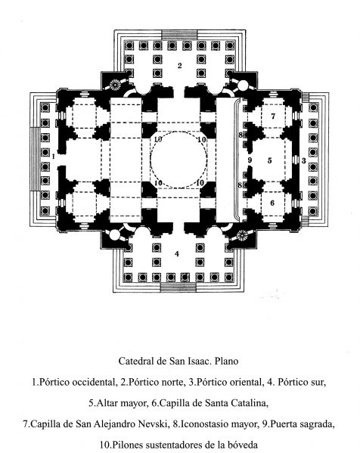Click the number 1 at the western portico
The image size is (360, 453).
[53, 157]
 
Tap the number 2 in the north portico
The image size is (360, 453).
[179, 66]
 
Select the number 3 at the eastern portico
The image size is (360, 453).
[304, 160]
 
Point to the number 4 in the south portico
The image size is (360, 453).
[177, 253]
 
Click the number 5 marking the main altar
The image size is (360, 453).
[269, 160]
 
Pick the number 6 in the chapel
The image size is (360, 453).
[272, 203]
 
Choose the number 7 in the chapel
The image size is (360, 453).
[273, 116]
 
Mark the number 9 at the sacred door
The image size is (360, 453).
[250, 160]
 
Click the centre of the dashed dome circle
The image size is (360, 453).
[178, 160]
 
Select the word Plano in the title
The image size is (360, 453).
[227, 361]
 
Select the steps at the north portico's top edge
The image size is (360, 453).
[179, 36]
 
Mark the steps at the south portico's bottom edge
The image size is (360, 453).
[178, 287]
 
